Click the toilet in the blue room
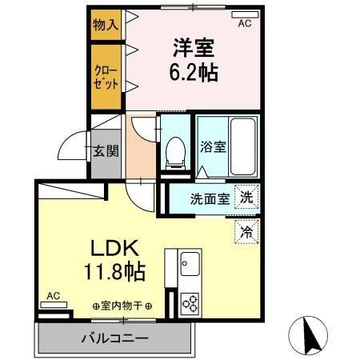point(175,153)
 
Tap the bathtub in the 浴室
point(243,146)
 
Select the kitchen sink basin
point(190,264)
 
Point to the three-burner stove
point(190,303)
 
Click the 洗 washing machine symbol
point(246,198)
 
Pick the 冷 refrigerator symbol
point(246,232)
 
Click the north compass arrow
point(310,334)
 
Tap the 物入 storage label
point(106,25)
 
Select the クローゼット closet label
point(106,78)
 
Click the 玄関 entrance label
point(106,151)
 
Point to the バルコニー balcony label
point(115,339)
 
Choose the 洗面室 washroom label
point(210,198)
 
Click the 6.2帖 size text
point(194,73)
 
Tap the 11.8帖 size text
point(115,272)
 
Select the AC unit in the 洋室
point(245,14)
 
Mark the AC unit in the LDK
point(54,305)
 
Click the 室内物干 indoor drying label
point(122,306)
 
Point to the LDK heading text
point(115,248)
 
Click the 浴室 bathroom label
point(213,146)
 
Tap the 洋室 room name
point(194,47)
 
